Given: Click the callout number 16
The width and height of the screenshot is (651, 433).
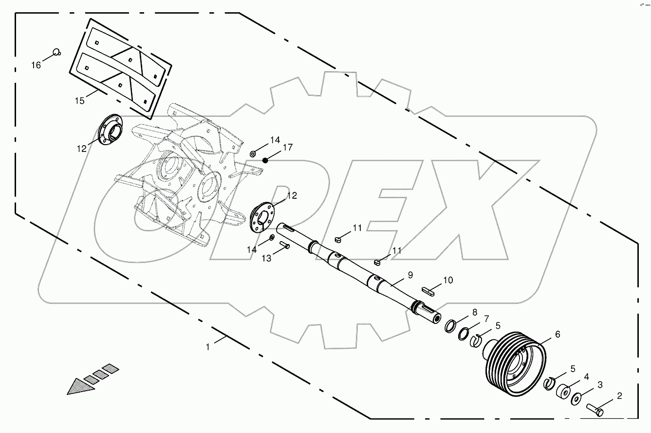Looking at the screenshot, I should [37, 65].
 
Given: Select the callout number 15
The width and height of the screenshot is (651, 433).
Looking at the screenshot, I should [80, 101].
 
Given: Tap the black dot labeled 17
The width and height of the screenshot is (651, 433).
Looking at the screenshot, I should [265, 160].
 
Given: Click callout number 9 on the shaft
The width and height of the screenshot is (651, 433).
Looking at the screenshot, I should [410, 275].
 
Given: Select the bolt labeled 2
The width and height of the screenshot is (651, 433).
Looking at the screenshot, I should [595, 409].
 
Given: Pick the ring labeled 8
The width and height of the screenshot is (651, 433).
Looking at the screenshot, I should [450, 325].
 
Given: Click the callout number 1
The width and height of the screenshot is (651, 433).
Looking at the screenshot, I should [208, 347].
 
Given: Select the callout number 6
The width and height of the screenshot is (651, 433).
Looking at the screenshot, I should [558, 335].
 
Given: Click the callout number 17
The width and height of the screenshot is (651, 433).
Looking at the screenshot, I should [287, 147].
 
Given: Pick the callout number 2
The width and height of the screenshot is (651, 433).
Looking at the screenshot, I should [619, 396].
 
